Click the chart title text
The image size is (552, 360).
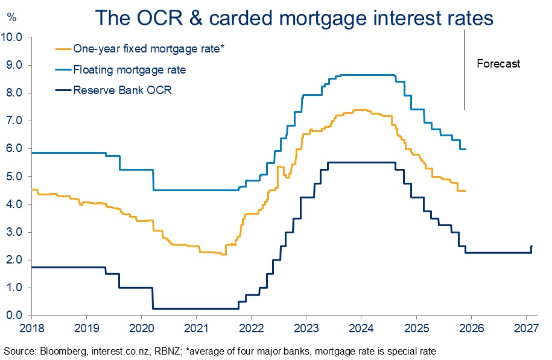(x=294, y=17)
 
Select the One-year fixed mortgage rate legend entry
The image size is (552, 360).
(x=140, y=49)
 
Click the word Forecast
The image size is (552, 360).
(x=498, y=63)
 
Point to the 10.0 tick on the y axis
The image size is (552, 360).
(x=11, y=37)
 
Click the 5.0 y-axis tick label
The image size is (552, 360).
(x=14, y=176)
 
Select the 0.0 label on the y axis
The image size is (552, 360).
(x=14, y=315)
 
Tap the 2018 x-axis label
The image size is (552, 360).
(x=32, y=328)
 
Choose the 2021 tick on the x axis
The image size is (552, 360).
(x=197, y=328)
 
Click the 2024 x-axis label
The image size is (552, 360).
(x=361, y=328)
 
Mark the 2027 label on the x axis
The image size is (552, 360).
(x=526, y=328)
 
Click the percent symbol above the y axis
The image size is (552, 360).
(x=11, y=17)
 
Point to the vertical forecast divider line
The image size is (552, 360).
(x=465, y=70)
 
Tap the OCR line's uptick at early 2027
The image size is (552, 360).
(x=531, y=249)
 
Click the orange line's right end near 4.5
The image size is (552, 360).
(x=465, y=191)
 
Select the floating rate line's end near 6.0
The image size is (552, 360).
(x=465, y=149)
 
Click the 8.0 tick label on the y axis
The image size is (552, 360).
(x=14, y=92)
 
